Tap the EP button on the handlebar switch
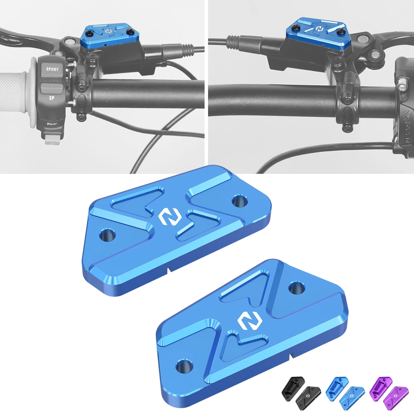tap(51, 98)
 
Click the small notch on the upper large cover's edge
tap(168, 269)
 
